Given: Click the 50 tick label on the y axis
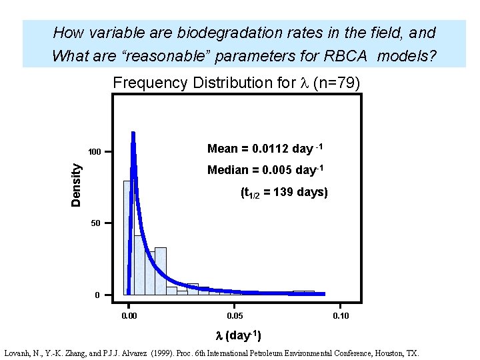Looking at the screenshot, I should pyautogui.click(x=95, y=223).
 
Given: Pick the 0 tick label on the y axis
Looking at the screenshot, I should pyautogui.click(x=98, y=295).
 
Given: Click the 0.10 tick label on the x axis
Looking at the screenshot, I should pyautogui.click(x=341, y=315).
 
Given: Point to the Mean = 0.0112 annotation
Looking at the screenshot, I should pyautogui.click(x=266, y=149).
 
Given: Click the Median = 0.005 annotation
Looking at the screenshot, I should pyautogui.click(x=265, y=170).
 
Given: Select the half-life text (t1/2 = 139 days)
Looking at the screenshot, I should pyautogui.click(x=284, y=193).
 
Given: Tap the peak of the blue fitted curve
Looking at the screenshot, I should pyautogui.click(x=133, y=134).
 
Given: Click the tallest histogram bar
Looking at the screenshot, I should pyautogui.click(x=128, y=237).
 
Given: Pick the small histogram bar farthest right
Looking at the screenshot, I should pyautogui.click(x=304, y=292).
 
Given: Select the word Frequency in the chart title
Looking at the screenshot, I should pyautogui.click(x=151, y=83).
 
